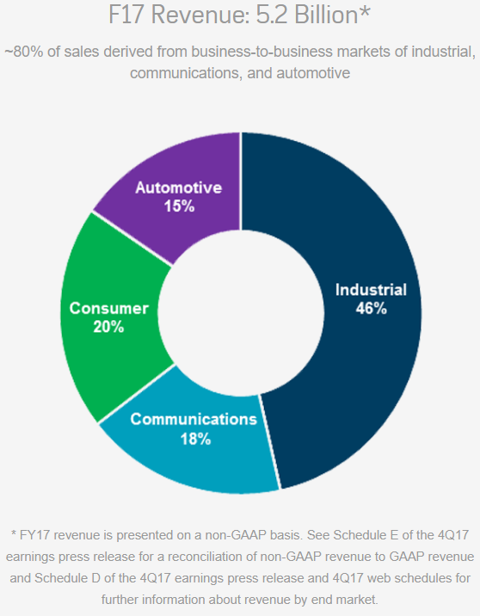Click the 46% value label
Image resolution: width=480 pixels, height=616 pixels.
pos(371,308)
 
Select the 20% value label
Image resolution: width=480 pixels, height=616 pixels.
pos(109,327)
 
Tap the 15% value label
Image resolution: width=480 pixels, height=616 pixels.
pos(179,206)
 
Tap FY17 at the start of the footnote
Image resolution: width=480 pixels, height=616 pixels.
pos(31,533)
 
